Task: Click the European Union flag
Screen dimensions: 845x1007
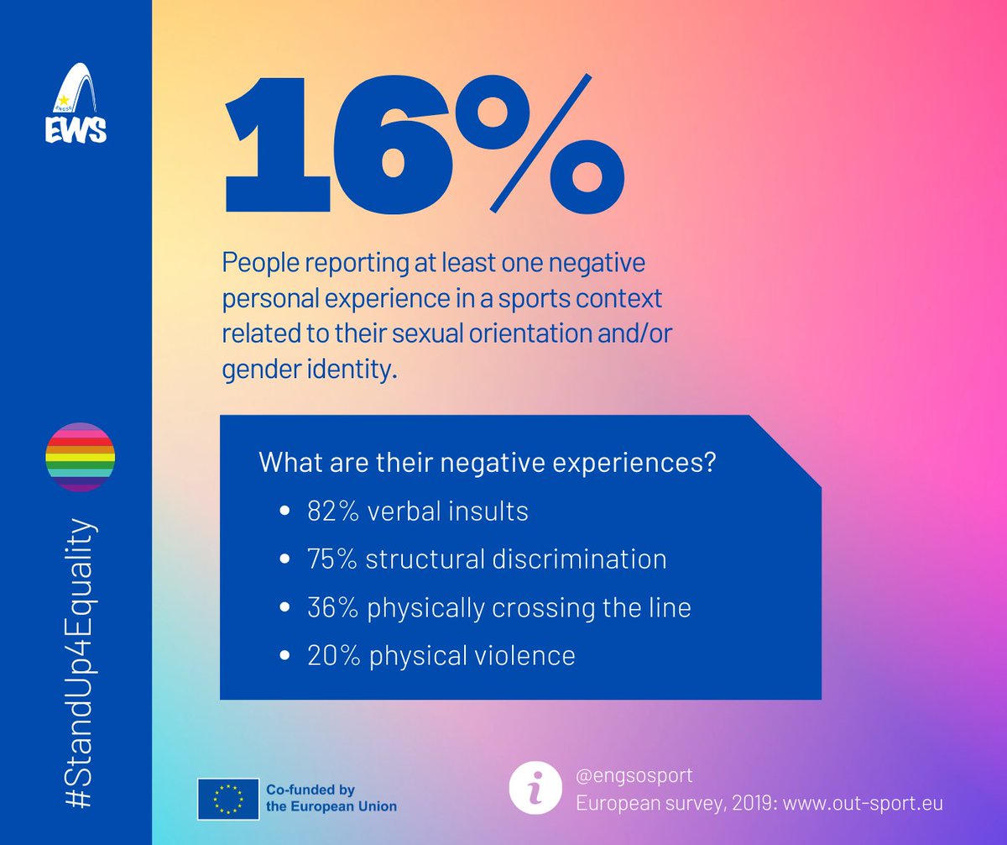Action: [227, 799]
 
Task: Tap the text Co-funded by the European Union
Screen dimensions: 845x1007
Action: [331, 798]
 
